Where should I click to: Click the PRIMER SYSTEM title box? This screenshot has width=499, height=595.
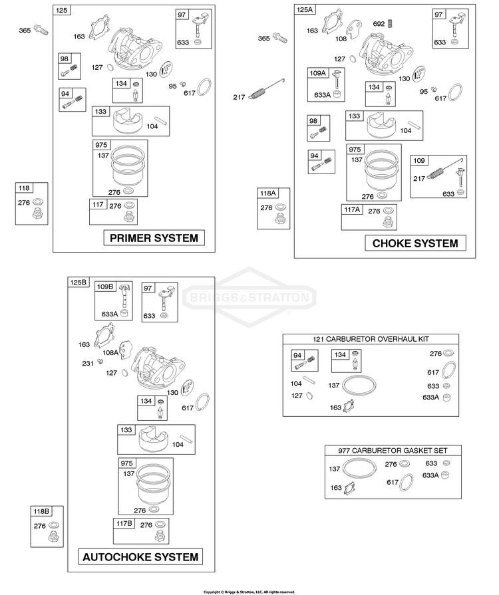[154, 238]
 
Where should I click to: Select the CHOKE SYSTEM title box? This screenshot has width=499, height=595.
[415, 243]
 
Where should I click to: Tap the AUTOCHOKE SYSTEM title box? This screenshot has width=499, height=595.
[140, 556]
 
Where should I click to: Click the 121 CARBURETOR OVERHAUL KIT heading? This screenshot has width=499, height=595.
[371, 339]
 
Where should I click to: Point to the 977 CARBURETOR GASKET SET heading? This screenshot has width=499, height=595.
[393, 451]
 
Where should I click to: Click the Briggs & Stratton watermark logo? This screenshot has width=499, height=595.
[249, 297]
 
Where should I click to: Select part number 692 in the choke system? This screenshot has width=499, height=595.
[379, 23]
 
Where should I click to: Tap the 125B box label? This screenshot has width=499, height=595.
[79, 283]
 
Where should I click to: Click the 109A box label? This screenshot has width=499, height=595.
[317, 73]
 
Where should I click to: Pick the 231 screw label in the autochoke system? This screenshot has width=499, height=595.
[88, 364]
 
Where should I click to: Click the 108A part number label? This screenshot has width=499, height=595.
[110, 352]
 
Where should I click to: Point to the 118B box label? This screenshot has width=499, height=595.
[41, 511]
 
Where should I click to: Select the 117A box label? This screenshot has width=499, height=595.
[352, 209]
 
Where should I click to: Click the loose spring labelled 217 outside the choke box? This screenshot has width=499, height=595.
[266, 90]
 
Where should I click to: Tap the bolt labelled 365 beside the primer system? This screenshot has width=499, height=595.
[41, 30]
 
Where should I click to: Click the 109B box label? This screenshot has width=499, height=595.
[105, 287]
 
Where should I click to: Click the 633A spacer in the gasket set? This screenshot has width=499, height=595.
[446, 475]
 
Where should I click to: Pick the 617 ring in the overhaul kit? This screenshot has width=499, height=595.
[449, 370]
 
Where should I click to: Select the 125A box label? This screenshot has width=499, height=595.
[305, 9]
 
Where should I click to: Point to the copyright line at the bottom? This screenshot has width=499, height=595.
[249, 592]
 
